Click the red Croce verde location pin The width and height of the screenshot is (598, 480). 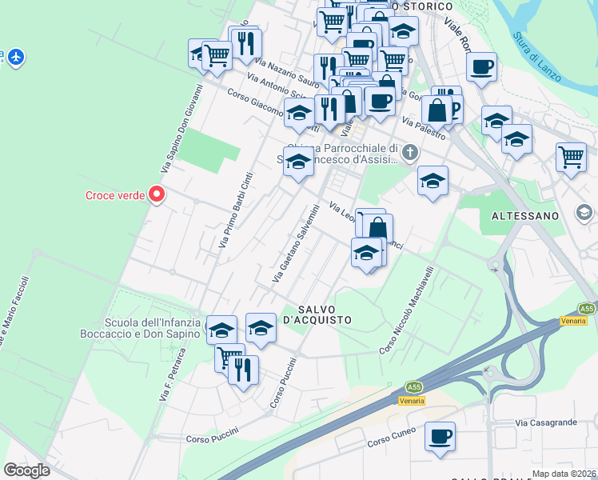pos(157,194)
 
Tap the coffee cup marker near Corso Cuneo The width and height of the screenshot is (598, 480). pos(440,437)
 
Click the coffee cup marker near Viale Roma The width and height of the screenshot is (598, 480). pos(481,67)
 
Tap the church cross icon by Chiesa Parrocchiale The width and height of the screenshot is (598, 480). pos(410,152)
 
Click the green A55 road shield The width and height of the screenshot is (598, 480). pos(588,308)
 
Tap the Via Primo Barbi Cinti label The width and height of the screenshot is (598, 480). pos(237,210)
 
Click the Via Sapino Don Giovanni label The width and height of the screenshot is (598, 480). pos(184,128)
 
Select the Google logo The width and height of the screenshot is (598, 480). pos(26,470)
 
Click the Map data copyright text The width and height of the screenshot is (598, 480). pos(564,474)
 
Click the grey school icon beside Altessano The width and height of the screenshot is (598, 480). pos(584,212)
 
